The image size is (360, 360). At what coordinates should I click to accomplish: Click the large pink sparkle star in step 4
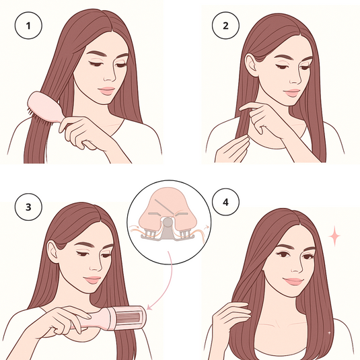point(334,236)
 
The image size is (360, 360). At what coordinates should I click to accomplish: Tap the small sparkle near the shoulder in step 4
point(328,332)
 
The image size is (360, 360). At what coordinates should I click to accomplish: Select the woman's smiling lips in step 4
point(292,281)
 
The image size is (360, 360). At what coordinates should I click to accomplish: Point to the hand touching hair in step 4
point(231,316)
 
